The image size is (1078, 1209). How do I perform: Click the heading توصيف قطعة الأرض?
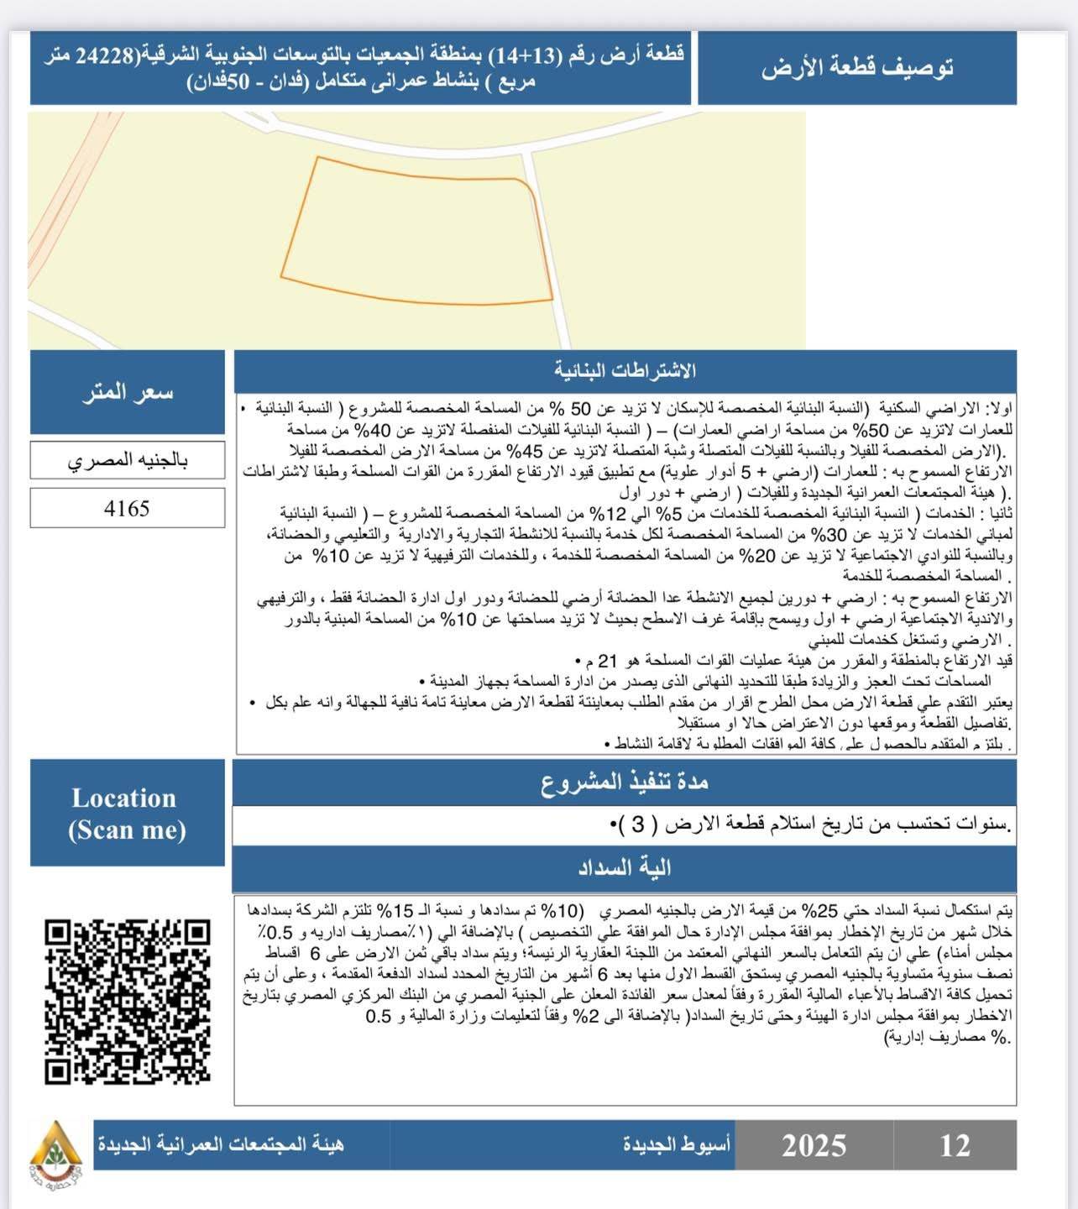pyautogui.click(x=857, y=68)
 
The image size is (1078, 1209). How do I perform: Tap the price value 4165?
pyautogui.click(x=127, y=509)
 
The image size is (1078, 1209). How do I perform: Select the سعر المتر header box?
pyautogui.click(x=128, y=392)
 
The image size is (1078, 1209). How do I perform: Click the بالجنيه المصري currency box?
pyautogui.click(x=128, y=460)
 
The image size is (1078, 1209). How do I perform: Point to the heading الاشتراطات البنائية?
pyautogui.click(x=625, y=370)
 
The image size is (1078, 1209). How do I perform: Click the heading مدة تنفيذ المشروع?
pyautogui.click(x=625, y=782)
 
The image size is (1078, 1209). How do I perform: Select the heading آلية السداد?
pyautogui.click(x=625, y=868)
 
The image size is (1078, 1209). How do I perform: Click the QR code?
pyautogui.click(x=128, y=1001)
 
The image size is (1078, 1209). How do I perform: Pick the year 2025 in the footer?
pyautogui.click(x=814, y=1145)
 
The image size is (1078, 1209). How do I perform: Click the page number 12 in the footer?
pyautogui.click(x=955, y=1145)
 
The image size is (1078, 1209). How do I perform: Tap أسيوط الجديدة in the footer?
pyautogui.click(x=677, y=1144)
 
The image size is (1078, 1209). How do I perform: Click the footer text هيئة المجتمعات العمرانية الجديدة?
pyautogui.click(x=221, y=1144)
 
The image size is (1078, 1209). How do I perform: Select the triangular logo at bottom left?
pyautogui.click(x=55, y=1147)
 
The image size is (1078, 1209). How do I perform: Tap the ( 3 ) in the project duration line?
pyautogui.click(x=638, y=825)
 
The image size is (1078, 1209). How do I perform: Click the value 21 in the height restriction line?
pyautogui.click(x=607, y=661)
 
